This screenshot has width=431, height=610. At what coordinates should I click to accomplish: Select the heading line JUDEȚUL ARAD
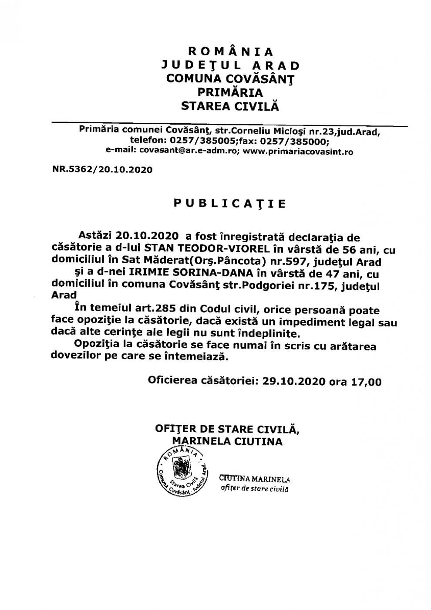tap(230, 65)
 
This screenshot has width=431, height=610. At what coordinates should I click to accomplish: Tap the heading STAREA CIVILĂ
tap(230, 106)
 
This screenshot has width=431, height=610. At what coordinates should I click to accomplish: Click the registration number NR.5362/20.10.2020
tap(102, 169)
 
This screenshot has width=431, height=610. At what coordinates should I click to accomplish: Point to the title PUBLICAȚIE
tap(229, 203)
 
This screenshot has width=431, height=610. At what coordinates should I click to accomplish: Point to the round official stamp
tap(181, 472)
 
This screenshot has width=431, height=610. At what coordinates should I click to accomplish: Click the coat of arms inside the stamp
tap(180, 469)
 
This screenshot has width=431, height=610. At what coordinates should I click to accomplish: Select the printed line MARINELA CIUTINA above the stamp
tap(227, 442)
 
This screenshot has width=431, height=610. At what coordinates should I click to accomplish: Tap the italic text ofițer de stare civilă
tap(255, 488)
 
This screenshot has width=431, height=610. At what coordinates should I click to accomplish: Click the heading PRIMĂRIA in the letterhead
tap(230, 92)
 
